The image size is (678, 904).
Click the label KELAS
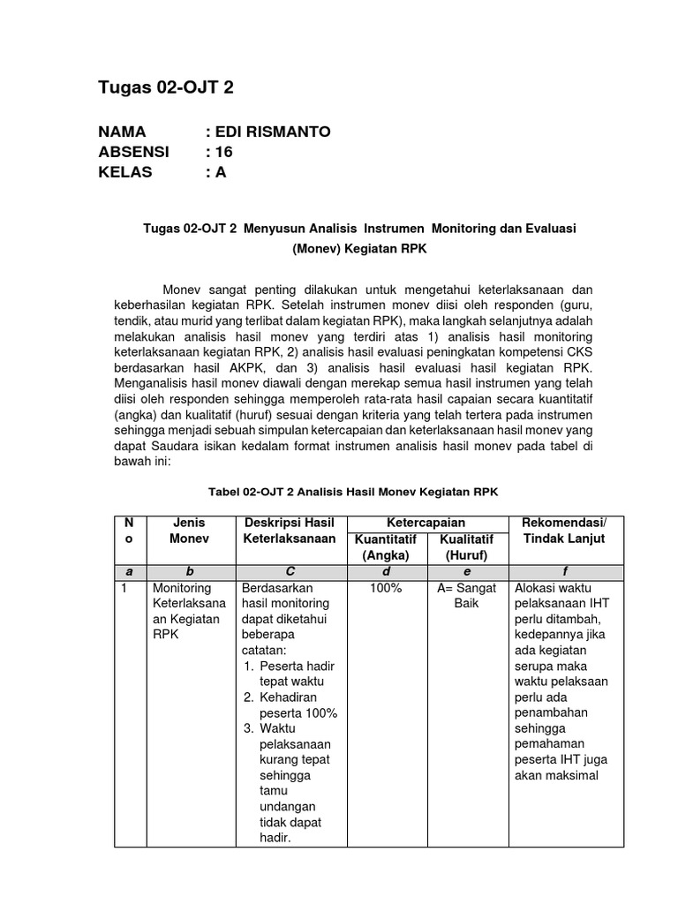[x=125, y=172]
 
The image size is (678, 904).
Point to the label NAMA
[x=124, y=132]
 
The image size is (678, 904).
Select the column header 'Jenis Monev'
[x=189, y=531]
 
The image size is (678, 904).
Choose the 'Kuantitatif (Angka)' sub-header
[x=385, y=546]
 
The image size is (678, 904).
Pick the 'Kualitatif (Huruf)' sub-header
[x=467, y=546]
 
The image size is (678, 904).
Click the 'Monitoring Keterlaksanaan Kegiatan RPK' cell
[x=187, y=611]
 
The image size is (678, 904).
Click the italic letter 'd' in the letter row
[x=386, y=572]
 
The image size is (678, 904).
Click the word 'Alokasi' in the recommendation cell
[x=534, y=588]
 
